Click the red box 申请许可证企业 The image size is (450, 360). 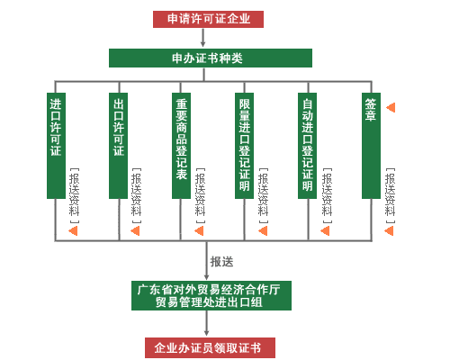tap(209, 19)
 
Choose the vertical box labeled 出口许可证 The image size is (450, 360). tap(119, 144)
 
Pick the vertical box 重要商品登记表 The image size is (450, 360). tap(182, 144)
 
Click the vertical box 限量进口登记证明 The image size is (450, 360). tap(245, 144)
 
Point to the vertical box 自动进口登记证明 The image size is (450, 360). tap(308, 144)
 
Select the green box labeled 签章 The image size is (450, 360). tap(371, 144)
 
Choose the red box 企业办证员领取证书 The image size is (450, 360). tap(209, 347)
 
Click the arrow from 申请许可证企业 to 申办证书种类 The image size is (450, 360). tap(203, 38)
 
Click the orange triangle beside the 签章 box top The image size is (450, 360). tap(391, 108)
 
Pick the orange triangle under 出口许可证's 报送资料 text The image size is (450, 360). tap(136, 230)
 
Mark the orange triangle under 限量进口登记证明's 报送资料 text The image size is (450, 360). tap(262, 230)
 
